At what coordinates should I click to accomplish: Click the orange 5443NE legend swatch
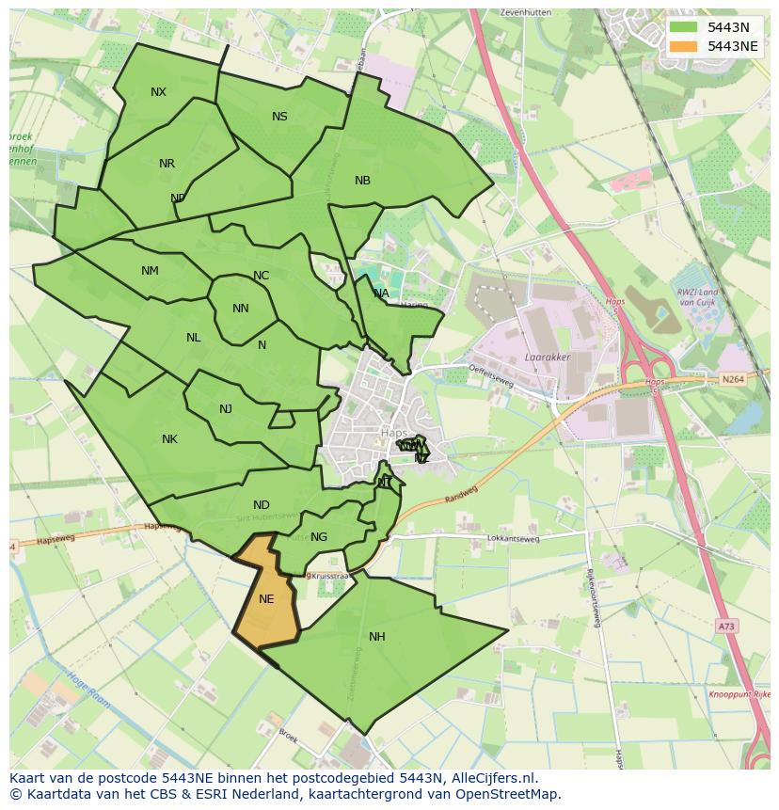(x=685, y=46)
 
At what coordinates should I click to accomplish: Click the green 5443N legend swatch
(x=685, y=26)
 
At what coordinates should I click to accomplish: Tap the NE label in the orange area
(x=266, y=599)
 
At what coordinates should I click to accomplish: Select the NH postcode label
(x=376, y=637)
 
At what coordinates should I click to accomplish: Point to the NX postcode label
(x=158, y=92)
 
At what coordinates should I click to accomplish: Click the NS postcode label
(x=279, y=117)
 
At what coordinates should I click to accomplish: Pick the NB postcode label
(x=362, y=181)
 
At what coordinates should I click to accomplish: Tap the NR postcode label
(x=167, y=164)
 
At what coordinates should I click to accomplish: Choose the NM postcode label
(x=150, y=271)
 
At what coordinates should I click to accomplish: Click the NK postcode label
(x=169, y=439)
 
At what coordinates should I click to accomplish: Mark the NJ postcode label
(x=226, y=409)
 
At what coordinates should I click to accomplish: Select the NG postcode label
(x=319, y=537)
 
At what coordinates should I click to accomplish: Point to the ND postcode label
(x=261, y=505)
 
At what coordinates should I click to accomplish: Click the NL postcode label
(x=194, y=338)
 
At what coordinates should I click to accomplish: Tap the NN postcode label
(x=240, y=309)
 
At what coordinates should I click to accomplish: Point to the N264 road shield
(x=732, y=379)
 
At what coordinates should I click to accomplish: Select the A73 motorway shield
(x=725, y=626)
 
